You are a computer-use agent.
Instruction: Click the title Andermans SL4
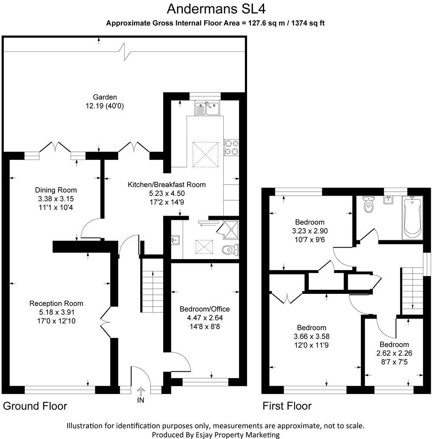[216, 9]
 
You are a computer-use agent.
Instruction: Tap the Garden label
[105, 97]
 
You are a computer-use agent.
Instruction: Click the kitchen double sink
[207, 108]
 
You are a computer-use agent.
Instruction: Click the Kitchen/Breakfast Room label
[167, 185]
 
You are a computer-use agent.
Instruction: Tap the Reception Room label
[56, 303]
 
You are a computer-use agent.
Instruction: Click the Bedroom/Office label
[205, 309]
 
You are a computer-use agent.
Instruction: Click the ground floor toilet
[230, 250]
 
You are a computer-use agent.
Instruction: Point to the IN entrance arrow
[141, 392]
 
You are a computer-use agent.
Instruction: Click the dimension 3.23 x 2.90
[310, 231]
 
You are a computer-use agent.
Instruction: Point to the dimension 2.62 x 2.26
[394, 353]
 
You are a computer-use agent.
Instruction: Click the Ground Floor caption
[35, 406]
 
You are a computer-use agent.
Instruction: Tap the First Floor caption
[287, 406]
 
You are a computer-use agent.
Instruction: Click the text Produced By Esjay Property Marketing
[216, 434]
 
